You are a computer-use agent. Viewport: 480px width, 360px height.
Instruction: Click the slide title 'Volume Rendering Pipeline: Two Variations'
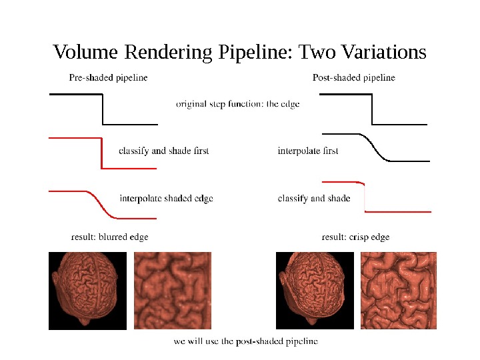pyautogui.click(x=239, y=52)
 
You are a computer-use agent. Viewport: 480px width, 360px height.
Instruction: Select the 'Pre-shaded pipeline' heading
pyautogui.click(x=108, y=77)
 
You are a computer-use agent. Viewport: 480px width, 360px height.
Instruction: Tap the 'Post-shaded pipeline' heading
pyautogui.click(x=353, y=77)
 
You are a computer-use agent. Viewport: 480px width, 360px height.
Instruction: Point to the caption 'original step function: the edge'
pyautogui.click(x=237, y=104)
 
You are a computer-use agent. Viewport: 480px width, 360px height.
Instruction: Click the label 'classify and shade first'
pyautogui.click(x=163, y=151)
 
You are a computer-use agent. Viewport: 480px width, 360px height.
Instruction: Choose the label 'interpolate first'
pyautogui.click(x=307, y=151)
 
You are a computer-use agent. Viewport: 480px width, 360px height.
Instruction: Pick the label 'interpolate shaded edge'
pyautogui.click(x=166, y=198)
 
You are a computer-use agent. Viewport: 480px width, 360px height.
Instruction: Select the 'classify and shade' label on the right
pyautogui.click(x=313, y=198)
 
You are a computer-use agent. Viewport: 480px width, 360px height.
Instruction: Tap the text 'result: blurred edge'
pyautogui.click(x=109, y=237)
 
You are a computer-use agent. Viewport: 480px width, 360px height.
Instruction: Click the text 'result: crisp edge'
pyautogui.click(x=355, y=237)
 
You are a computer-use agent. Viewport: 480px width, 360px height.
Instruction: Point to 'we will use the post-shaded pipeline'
pyautogui.click(x=245, y=341)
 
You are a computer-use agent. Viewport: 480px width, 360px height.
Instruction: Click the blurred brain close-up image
pyautogui.click(x=173, y=290)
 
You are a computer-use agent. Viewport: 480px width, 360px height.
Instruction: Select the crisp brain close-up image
pyautogui.click(x=399, y=290)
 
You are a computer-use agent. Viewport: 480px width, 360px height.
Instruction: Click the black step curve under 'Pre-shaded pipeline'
pyautogui.click(x=103, y=109)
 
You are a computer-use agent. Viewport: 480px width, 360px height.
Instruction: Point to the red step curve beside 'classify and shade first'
pyautogui.click(x=101, y=153)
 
